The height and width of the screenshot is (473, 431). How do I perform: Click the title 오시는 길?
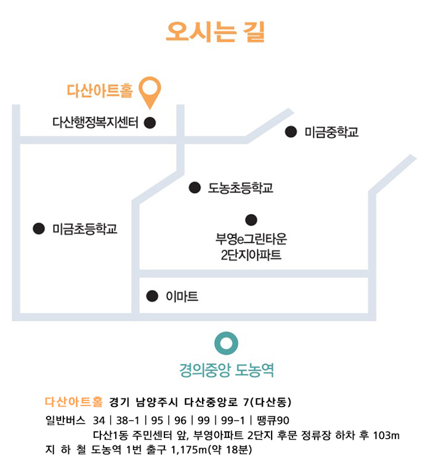[215, 31]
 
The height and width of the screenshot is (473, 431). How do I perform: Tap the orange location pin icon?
[150, 92]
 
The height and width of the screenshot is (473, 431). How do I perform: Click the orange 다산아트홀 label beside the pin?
[100, 91]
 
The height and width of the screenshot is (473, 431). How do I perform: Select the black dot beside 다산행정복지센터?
[150, 122]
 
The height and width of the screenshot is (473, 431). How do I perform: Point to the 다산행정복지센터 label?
[95, 122]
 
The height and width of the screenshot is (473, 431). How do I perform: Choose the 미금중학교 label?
[331, 132]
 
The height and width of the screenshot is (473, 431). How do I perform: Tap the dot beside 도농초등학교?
[195, 187]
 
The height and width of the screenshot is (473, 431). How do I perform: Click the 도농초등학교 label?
[240, 188]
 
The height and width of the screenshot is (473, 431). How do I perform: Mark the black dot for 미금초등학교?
[38, 229]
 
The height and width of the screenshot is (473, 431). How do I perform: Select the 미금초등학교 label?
[84, 229]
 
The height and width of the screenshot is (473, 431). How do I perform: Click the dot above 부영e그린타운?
[251, 220]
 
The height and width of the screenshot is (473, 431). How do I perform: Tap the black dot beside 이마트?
[151, 296]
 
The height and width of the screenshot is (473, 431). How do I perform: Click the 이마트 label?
[182, 296]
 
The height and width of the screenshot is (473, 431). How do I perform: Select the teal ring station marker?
[226, 343]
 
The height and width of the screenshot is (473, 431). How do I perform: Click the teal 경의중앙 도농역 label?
[227, 370]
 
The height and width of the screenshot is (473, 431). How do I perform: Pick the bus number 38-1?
[126, 421]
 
